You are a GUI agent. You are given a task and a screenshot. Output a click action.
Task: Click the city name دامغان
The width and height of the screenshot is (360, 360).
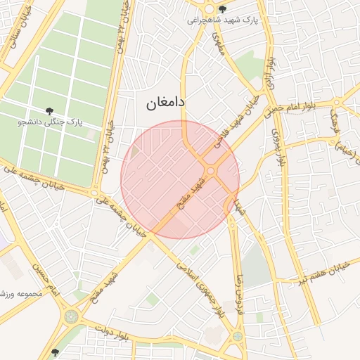click(x=165, y=103)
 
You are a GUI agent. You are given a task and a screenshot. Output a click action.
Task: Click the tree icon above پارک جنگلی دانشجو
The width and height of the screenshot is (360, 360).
click(x=50, y=110)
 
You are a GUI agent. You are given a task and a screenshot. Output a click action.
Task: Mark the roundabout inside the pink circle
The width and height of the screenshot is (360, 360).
click(x=210, y=171)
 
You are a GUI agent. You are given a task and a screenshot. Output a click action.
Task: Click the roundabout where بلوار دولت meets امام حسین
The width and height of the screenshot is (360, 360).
click(x=71, y=316)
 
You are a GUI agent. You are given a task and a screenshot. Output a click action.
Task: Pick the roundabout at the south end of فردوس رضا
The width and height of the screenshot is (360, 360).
click(x=238, y=336)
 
